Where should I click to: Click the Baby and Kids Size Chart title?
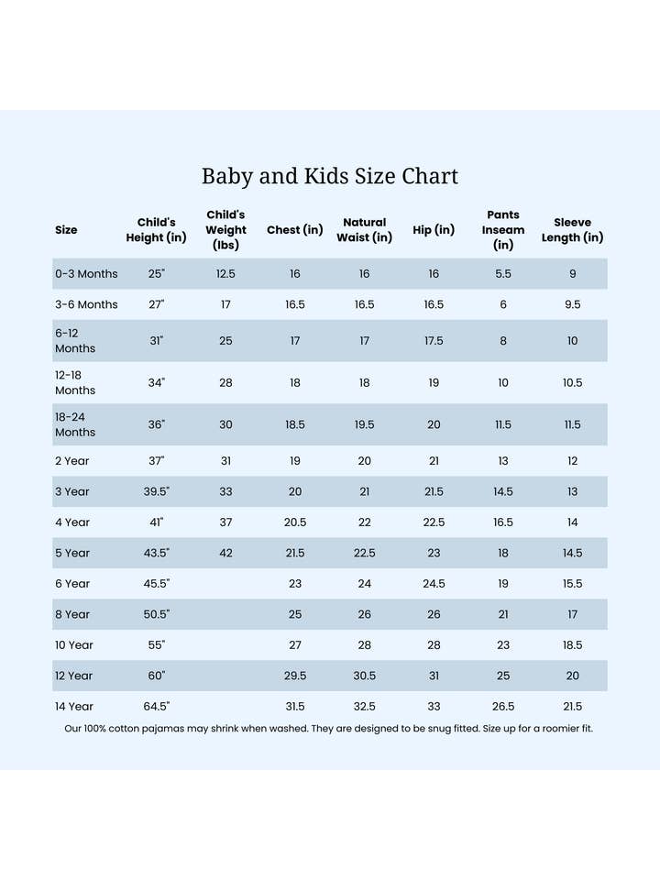[x=330, y=176]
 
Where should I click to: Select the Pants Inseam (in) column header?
[x=503, y=229]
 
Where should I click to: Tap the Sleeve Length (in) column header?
[x=572, y=229]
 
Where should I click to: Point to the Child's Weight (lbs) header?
[x=225, y=229]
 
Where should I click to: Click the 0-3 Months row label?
[x=86, y=274]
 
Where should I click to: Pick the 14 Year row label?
[x=74, y=707]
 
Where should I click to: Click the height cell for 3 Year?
[x=156, y=492]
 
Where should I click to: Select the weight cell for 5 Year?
[x=225, y=554]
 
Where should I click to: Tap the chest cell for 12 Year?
[x=295, y=676]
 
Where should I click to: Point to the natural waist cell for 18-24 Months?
[x=364, y=425]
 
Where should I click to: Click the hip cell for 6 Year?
[x=434, y=584]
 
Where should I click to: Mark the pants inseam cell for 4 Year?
[x=503, y=522]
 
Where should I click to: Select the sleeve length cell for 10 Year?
[x=572, y=645]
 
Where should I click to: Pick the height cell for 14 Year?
[x=156, y=707]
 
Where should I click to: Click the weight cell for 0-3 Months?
[x=225, y=274]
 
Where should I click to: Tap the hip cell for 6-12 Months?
[x=434, y=341]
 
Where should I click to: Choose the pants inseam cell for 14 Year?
[x=503, y=707]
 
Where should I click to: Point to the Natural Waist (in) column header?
[x=364, y=229]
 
